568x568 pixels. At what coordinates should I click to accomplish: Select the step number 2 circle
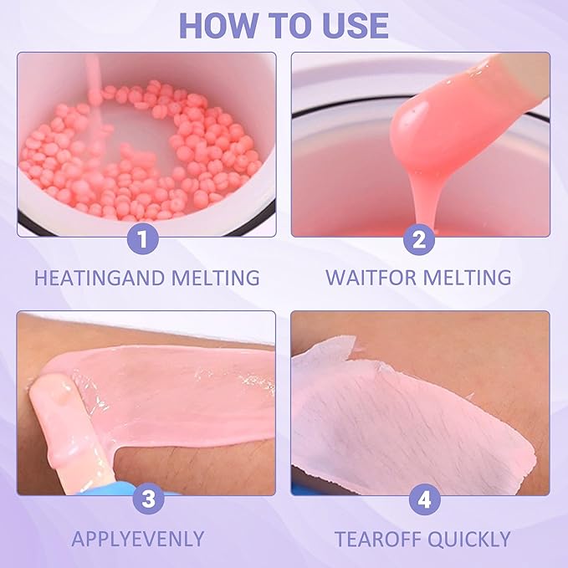click(x=421, y=240)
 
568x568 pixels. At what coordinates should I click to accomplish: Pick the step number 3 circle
click(x=146, y=499)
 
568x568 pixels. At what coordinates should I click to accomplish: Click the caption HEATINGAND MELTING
click(x=146, y=278)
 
